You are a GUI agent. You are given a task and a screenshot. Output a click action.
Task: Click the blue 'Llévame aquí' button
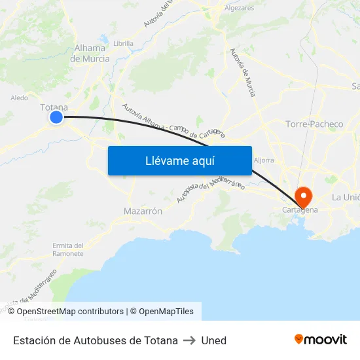(x=179, y=160)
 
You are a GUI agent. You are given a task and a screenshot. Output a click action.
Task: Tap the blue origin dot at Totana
(x=56, y=117)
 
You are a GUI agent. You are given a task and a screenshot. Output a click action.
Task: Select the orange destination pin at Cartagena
(x=304, y=195)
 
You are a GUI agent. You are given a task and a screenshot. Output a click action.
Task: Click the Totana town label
(x=54, y=107)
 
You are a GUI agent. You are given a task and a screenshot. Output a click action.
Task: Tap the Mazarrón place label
(x=143, y=211)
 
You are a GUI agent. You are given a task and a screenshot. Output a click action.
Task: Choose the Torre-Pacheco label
(x=314, y=124)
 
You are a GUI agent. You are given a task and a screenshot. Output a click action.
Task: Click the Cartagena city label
(x=300, y=209)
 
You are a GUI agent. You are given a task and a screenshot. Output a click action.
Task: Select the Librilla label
(x=123, y=43)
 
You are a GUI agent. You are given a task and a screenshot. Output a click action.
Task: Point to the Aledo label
(x=19, y=98)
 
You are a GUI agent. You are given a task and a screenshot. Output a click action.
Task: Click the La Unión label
(x=345, y=197)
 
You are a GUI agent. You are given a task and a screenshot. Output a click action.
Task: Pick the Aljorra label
(x=264, y=160)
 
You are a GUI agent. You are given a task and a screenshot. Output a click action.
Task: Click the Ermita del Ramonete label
(x=68, y=249)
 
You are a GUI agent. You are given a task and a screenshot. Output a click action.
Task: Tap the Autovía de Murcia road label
(x=242, y=72)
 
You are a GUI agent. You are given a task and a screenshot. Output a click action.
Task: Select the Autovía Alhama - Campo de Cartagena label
(x=173, y=122)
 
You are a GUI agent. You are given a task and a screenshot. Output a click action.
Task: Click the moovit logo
(x=320, y=340)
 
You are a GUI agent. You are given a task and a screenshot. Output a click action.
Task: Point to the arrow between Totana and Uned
(x=190, y=340)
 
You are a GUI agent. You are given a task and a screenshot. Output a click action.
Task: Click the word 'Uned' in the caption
(x=214, y=340)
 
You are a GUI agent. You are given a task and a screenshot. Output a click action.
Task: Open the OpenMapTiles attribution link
(x=162, y=312)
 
